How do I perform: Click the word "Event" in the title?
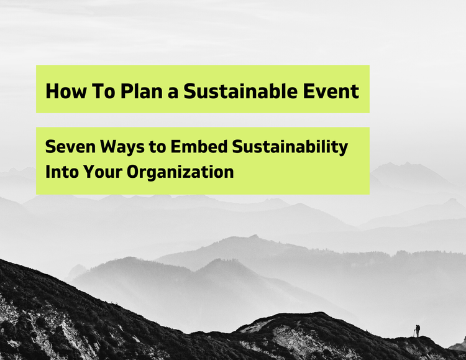pyautogui.click(x=334, y=91)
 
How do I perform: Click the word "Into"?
pyautogui.click(x=60, y=172)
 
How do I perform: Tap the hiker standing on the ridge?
pyautogui.click(x=418, y=330)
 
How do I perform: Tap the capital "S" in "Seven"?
pyautogui.click(x=50, y=148)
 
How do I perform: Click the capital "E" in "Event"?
pyautogui.click(x=316, y=91)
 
